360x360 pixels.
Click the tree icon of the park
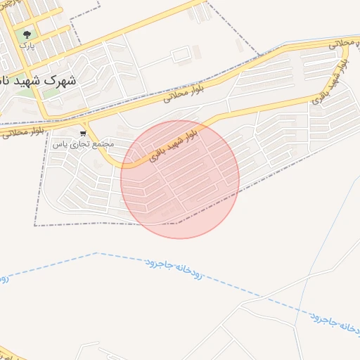pyautogui.click(x=27, y=33)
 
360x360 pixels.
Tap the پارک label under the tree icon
pyautogui.click(x=27, y=46)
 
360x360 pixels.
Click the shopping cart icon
pyautogui.click(x=84, y=132)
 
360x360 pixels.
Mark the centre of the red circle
pyautogui.click(x=180, y=179)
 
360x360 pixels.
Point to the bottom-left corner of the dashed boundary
pyautogui.click(x=35, y=226)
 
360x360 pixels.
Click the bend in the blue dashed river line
pyautogui.click(x=96, y=253)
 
